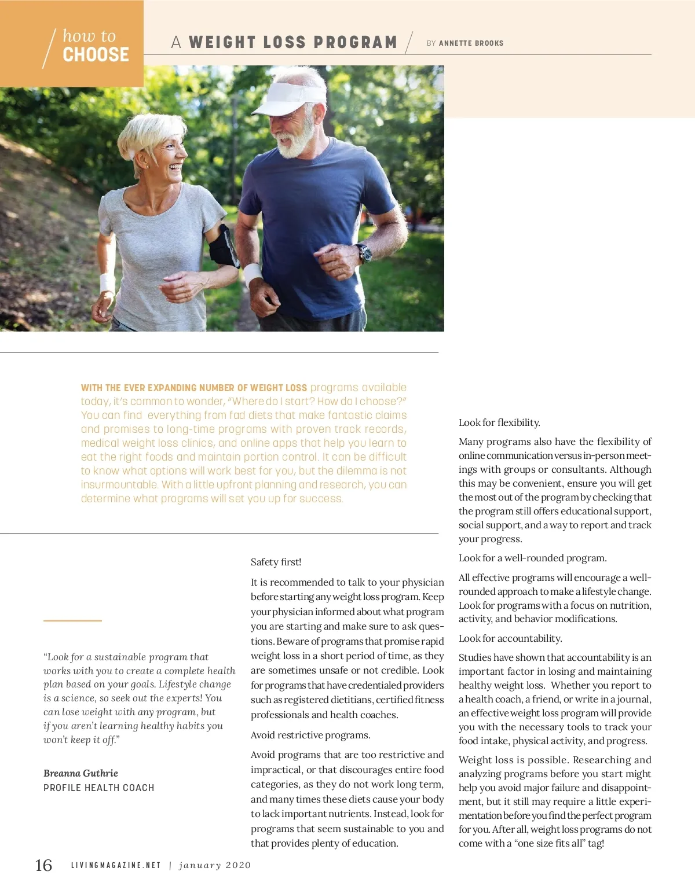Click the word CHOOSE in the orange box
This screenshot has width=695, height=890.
click(x=96, y=55)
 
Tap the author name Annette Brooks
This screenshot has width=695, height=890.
click(x=471, y=43)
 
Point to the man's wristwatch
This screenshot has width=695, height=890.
click(x=364, y=253)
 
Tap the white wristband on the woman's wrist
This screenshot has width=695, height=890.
click(x=107, y=282)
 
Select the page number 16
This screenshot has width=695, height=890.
click(x=43, y=865)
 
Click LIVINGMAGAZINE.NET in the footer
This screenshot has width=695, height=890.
click(x=116, y=866)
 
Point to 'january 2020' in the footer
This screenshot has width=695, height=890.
click(x=215, y=866)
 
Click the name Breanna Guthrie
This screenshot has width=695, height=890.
click(x=81, y=774)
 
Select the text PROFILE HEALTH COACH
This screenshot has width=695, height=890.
click(x=99, y=788)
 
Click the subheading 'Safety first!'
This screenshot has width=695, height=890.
click(x=276, y=562)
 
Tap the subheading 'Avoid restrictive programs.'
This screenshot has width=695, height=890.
click(x=310, y=735)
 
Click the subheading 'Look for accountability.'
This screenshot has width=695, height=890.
click(x=510, y=639)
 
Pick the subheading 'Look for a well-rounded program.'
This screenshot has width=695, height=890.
click(x=532, y=558)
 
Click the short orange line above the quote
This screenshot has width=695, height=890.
click(x=72, y=621)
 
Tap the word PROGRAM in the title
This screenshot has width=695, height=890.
click(x=355, y=43)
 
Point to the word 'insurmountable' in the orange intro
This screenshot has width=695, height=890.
click(x=119, y=485)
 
